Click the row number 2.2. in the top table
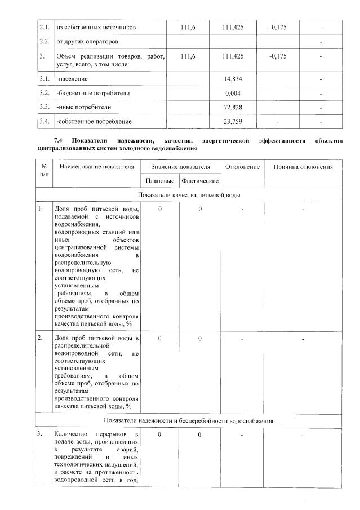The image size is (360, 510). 44,42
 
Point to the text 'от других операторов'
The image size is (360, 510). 87,42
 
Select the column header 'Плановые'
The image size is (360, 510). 159,181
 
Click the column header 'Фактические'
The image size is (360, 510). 199,181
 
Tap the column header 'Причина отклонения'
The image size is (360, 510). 303,167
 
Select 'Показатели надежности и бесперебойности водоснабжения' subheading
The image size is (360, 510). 189,421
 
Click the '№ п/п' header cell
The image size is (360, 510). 44,171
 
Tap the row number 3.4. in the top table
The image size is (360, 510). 44,121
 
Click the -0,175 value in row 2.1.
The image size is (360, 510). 277,27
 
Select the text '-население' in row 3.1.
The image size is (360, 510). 72,78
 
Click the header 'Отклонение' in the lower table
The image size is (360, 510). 242,167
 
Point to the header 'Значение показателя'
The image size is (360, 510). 180,167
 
